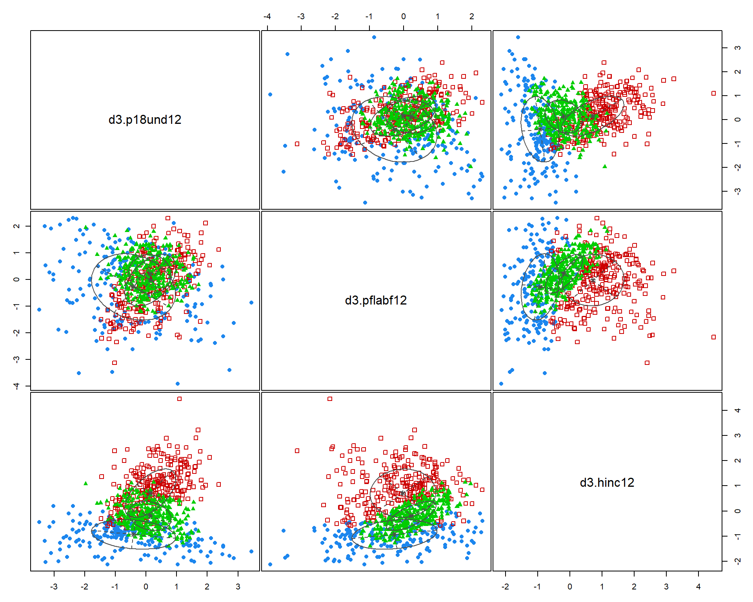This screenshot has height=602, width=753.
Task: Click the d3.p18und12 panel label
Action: pyautogui.click(x=145, y=120)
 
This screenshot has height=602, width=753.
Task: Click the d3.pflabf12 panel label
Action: pyautogui.click(x=376, y=300)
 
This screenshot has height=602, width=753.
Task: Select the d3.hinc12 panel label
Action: pyautogui.click(x=607, y=482)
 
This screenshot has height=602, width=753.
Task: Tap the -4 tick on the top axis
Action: pyautogui.click(x=267, y=16)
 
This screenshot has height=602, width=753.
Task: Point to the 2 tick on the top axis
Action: pyautogui.click(x=471, y=16)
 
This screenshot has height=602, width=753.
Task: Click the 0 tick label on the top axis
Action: pyautogui.click(x=403, y=16)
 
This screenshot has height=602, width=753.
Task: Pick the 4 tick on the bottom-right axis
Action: pyautogui.click(x=698, y=586)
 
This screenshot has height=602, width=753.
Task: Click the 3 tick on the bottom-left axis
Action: pyautogui.click(x=238, y=586)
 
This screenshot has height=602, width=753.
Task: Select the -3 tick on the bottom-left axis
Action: pyautogui.click(x=54, y=586)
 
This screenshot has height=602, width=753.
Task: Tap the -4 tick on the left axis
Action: pyautogui.click(x=16, y=386)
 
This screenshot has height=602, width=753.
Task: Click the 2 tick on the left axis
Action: pyautogui.click(x=16, y=226)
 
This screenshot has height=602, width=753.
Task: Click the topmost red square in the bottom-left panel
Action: pyautogui.click(x=179, y=399)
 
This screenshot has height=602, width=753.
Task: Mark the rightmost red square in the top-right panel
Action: pyautogui.click(x=713, y=93)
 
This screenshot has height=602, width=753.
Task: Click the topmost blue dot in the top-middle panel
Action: pyautogui.click(x=374, y=37)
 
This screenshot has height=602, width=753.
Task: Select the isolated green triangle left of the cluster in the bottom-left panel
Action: pyautogui.click(x=85, y=483)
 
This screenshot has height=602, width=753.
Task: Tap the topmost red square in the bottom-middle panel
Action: pyautogui.click(x=330, y=399)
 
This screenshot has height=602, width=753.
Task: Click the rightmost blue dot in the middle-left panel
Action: pyautogui.click(x=251, y=303)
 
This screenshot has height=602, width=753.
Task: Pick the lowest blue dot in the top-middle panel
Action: pyautogui.click(x=365, y=203)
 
